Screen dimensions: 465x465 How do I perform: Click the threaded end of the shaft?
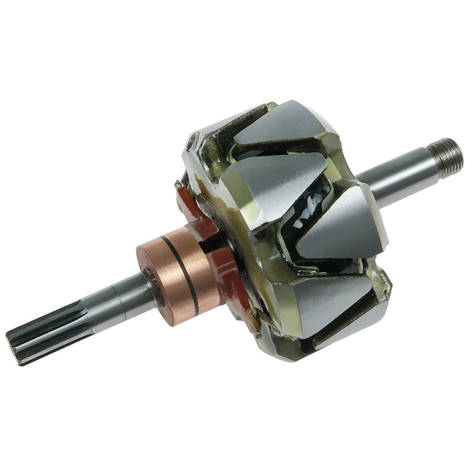(448, 156)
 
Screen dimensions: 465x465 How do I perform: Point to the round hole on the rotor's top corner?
(194, 141)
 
